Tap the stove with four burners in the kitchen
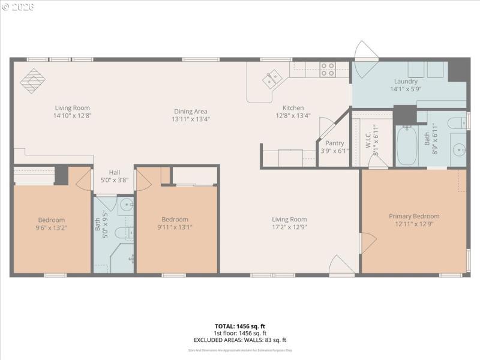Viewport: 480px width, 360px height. (x=327, y=70)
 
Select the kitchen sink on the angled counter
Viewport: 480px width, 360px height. (x=271, y=78)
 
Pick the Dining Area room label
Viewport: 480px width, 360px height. (x=191, y=111)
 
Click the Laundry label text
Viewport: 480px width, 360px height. (x=406, y=82)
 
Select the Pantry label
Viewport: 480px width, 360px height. (x=334, y=143)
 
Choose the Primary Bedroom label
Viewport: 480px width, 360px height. (x=414, y=216)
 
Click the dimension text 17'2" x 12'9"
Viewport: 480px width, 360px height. (x=289, y=227)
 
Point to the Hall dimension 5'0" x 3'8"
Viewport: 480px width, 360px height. (x=114, y=179)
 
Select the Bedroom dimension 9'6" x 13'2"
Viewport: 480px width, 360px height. (x=52, y=227)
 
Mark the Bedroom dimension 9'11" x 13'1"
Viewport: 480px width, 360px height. (x=175, y=227)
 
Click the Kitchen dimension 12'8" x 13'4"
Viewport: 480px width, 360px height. (x=293, y=116)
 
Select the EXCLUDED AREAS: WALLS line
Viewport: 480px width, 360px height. (x=240, y=340)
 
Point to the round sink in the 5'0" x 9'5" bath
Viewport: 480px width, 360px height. (x=126, y=206)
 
